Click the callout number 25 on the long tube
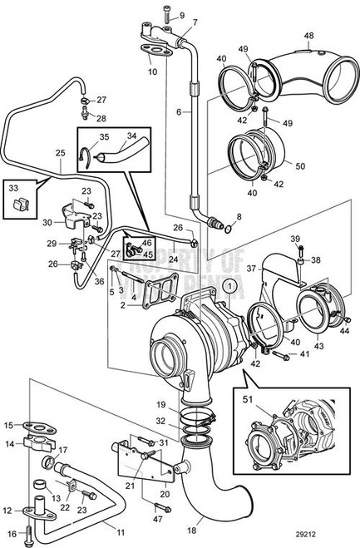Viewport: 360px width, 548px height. click(x=59, y=153)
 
